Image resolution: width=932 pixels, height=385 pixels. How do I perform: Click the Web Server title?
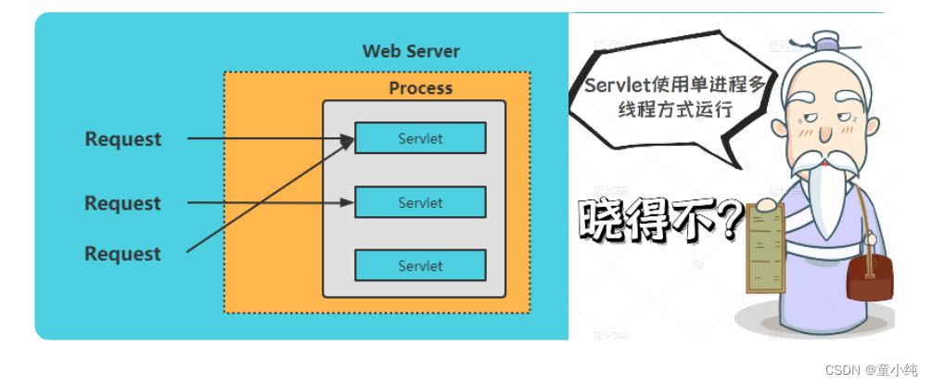(410, 50)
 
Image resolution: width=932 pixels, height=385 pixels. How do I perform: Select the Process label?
(420, 88)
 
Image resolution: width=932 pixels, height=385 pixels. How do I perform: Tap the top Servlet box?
(420, 138)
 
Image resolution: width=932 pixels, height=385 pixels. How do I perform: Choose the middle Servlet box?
(420, 202)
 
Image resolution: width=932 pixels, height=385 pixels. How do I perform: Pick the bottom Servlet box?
(420, 265)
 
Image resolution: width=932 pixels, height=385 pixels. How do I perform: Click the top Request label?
(123, 139)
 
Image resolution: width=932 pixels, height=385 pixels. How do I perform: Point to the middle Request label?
(123, 203)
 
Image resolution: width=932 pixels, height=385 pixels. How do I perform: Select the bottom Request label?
(123, 253)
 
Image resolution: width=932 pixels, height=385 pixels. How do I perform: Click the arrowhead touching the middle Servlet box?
(349, 202)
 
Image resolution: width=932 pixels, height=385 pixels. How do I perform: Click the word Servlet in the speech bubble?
(615, 84)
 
